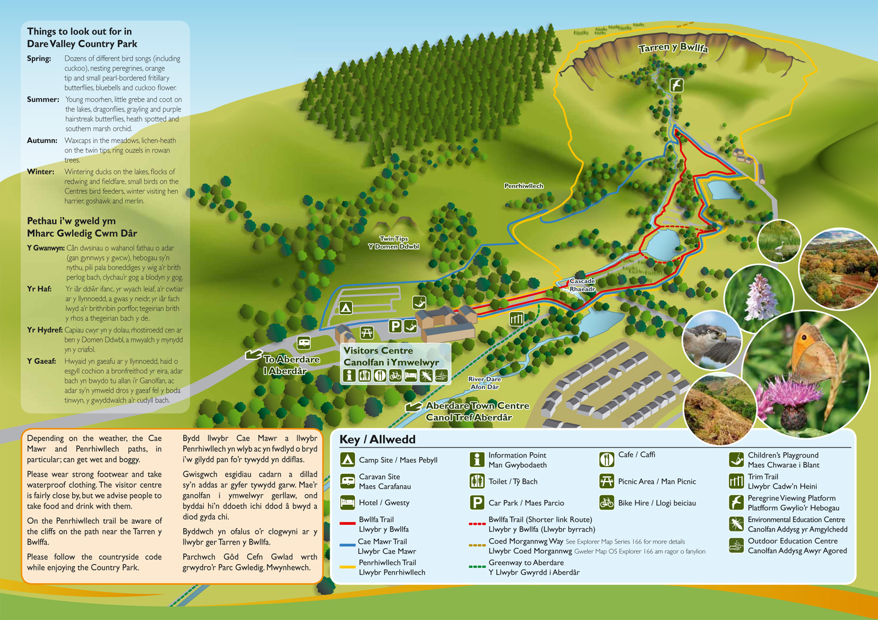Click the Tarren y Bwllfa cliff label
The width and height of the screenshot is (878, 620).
(x=673, y=48)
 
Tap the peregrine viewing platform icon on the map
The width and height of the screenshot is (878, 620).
(x=676, y=85)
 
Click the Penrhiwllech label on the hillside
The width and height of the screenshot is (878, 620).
(x=523, y=186)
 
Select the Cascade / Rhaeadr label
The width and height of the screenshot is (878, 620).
(x=582, y=285)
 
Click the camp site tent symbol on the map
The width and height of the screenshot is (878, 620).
(x=346, y=308)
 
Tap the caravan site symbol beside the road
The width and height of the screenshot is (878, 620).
(x=304, y=343)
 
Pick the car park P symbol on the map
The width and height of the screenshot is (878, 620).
(x=394, y=326)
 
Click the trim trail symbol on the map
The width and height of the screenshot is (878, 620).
(x=517, y=318)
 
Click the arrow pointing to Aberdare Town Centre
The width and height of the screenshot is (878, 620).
(x=414, y=407)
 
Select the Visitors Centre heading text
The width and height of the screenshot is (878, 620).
(x=378, y=350)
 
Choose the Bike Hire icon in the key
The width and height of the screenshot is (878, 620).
(x=607, y=502)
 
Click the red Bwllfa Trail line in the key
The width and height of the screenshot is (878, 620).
(x=347, y=523)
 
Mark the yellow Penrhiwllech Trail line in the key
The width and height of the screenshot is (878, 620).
(x=347, y=567)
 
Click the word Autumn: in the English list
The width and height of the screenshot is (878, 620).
(x=42, y=141)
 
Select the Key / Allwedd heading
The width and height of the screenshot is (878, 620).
(x=377, y=440)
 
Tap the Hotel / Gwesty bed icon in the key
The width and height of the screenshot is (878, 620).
(x=347, y=502)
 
